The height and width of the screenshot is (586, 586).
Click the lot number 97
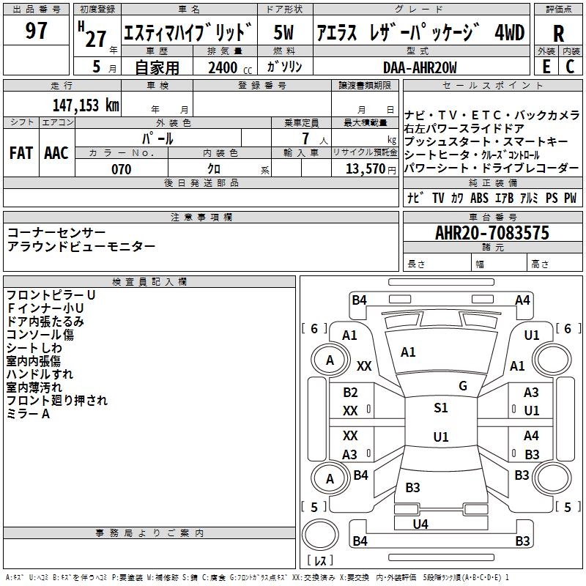(x=36, y=31)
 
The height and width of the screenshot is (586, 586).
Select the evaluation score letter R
(x=558, y=34)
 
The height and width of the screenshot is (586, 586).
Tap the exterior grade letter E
(x=546, y=66)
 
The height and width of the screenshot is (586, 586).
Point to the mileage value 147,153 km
(x=86, y=105)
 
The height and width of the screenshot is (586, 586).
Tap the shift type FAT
(x=21, y=153)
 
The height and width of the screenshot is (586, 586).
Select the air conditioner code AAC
(x=56, y=153)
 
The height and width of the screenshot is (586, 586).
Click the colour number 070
(x=121, y=169)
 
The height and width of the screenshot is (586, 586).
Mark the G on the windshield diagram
(x=463, y=386)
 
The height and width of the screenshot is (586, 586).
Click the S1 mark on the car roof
(x=440, y=408)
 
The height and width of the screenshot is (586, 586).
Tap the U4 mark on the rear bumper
(x=420, y=524)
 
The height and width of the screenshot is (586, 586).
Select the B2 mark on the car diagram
(x=351, y=393)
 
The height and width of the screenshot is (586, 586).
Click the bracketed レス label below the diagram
(x=320, y=562)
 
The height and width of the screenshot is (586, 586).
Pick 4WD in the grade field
(x=510, y=33)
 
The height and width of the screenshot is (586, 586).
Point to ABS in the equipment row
(x=479, y=198)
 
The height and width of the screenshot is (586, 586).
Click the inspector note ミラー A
(x=28, y=414)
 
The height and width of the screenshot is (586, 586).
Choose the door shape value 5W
(x=284, y=33)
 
